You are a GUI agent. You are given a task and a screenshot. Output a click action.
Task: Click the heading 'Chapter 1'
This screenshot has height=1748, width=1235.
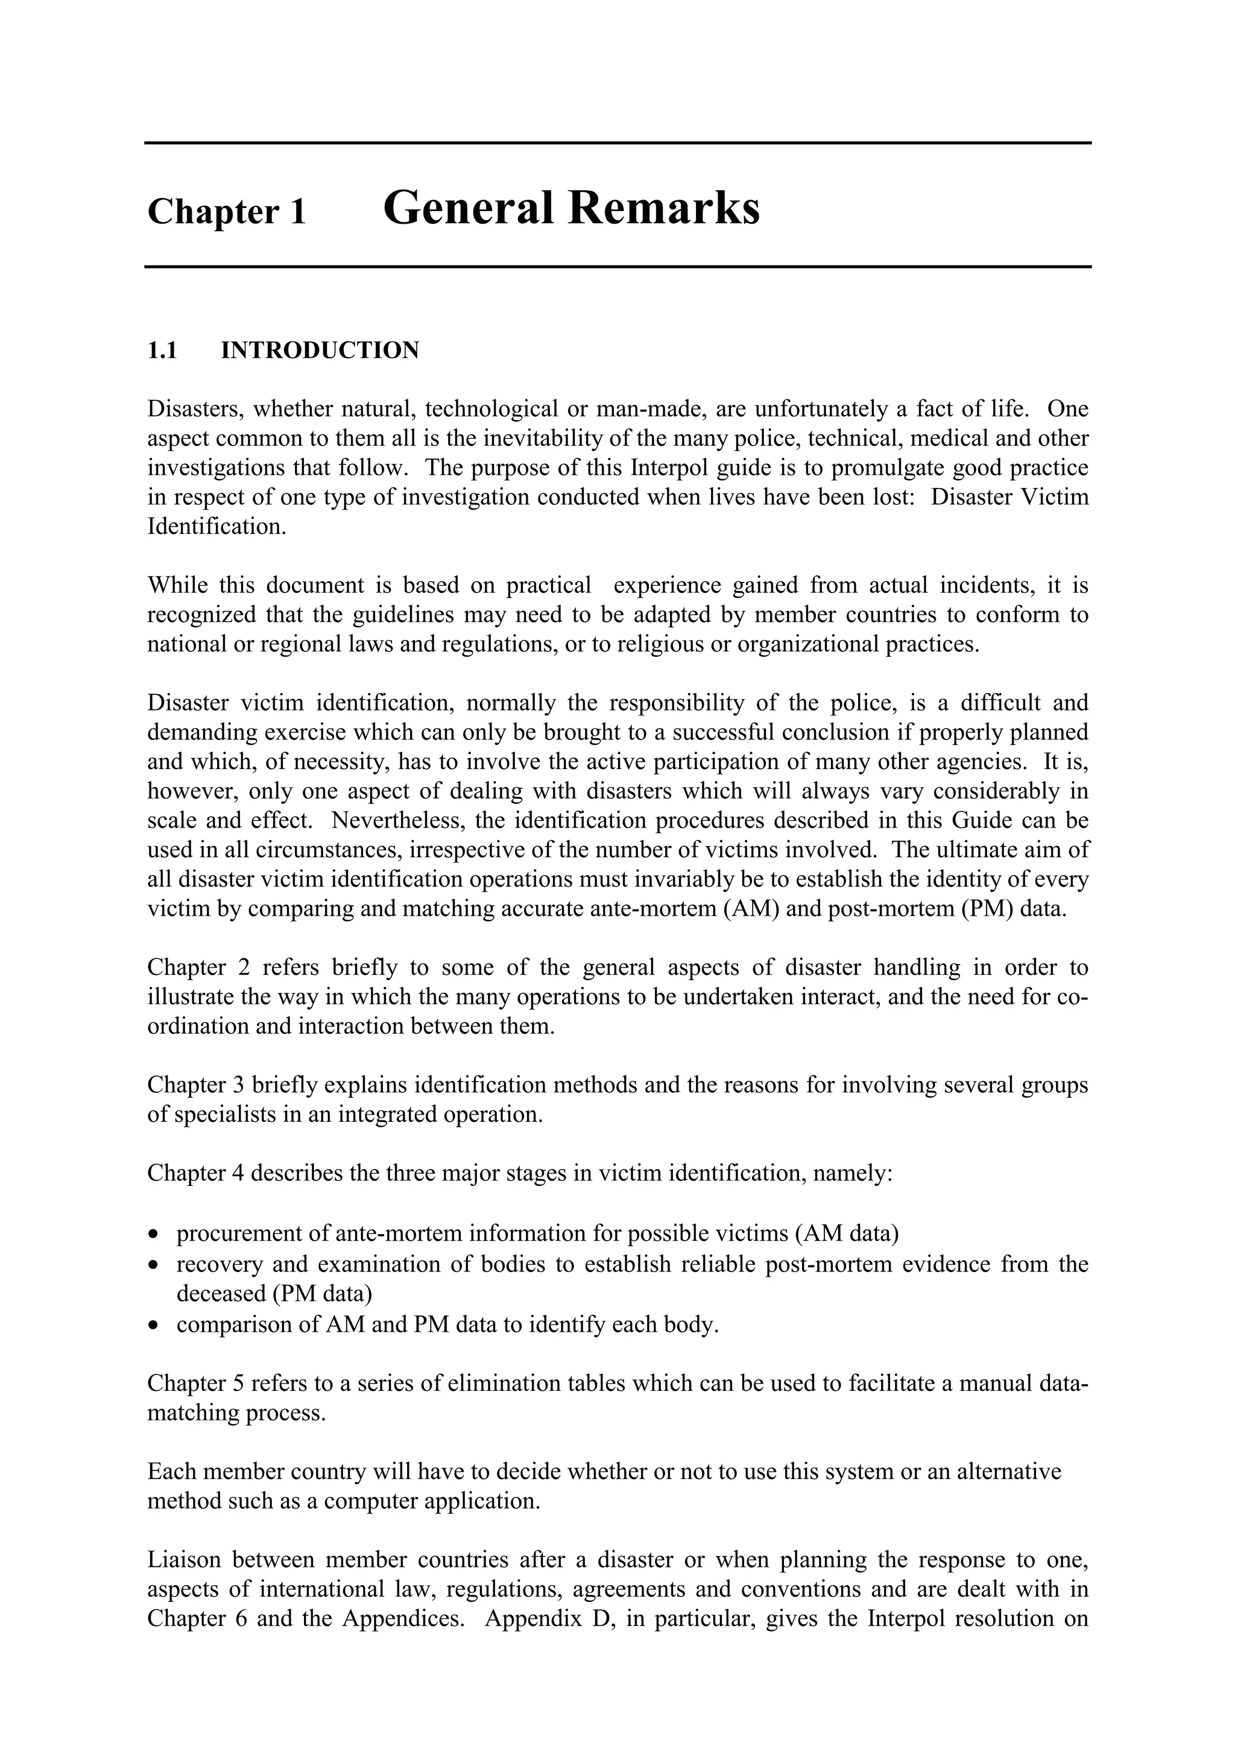[226, 212]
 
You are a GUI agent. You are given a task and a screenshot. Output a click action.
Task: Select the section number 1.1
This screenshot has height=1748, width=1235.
[162, 350]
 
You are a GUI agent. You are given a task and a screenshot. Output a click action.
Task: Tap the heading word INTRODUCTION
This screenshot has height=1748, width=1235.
[320, 350]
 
